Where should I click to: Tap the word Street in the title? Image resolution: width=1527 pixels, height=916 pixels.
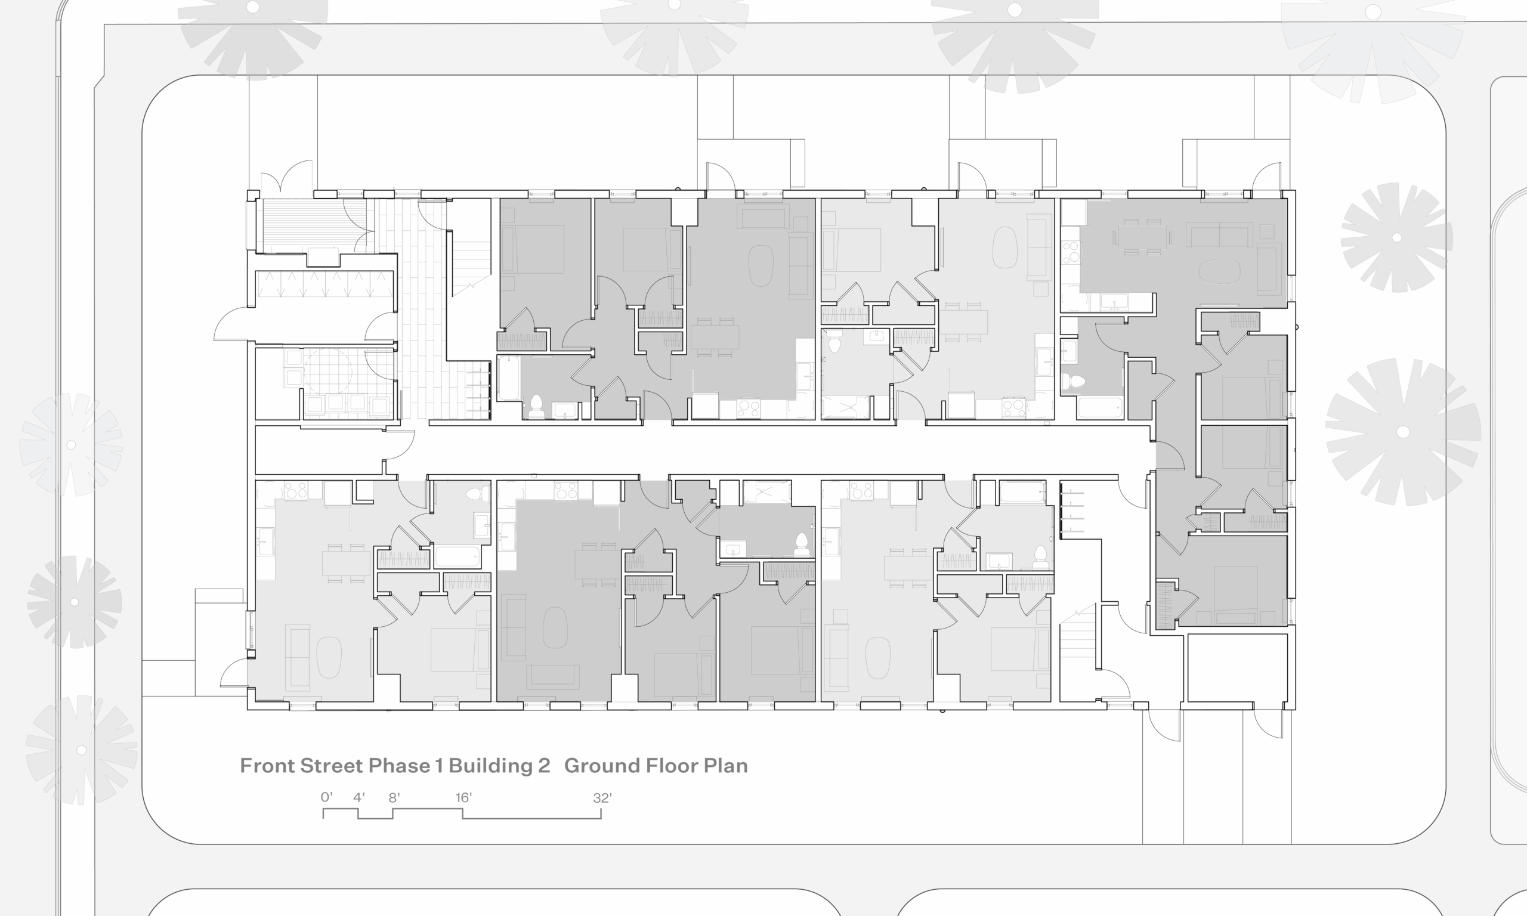pos(332,765)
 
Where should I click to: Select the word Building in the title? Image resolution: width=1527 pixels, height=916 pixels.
pos(490,766)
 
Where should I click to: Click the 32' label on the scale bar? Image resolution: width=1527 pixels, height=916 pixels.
pos(602,797)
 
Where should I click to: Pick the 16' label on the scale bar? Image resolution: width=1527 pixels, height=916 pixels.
pos(463,797)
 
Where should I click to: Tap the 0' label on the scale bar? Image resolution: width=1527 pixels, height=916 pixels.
pos(326,797)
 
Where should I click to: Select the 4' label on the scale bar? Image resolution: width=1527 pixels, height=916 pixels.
pos(358,797)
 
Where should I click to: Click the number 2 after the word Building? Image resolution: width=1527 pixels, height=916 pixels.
pos(544,765)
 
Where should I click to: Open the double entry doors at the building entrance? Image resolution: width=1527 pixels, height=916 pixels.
pos(286,176)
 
